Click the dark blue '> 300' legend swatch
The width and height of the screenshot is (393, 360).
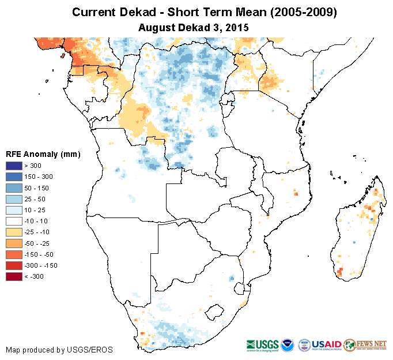[14, 166]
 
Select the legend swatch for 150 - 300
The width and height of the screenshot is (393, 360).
[14, 177]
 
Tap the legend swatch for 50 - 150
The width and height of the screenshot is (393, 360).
[14, 188]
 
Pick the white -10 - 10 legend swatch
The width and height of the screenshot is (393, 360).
[14, 221]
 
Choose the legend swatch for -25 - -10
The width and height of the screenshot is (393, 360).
[14, 232]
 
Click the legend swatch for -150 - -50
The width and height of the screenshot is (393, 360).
[14, 254]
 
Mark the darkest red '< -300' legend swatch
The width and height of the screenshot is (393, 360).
[14, 276]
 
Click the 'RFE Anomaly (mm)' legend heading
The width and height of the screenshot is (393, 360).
[43, 154]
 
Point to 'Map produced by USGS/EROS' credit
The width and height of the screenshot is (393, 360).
[59, 350]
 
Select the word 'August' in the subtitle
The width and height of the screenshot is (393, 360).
[157, 27]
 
